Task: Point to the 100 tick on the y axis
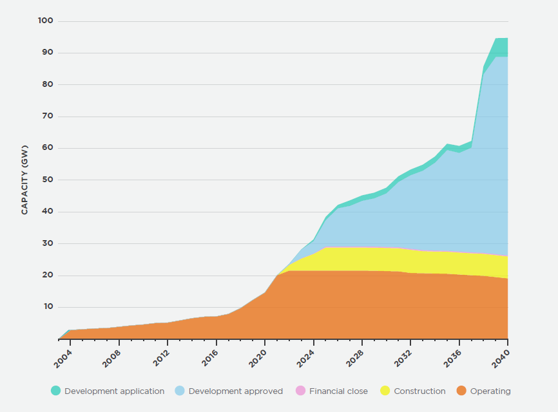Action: click(46, 21)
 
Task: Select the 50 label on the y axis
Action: click(48, 180)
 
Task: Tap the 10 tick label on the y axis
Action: click(48, 307)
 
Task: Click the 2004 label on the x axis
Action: click(63, 355)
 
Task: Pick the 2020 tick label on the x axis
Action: click(258, 355)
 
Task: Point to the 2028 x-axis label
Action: click(355, 355)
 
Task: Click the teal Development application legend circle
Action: click(56, 391)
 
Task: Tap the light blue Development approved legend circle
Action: click(180, 391)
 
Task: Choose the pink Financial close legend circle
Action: click(300, 391)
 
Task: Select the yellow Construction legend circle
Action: click(385, 391)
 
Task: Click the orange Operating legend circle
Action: click(461, 391)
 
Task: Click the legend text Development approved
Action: click(235, 391)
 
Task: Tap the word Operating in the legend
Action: click(490, 391)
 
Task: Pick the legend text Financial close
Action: click(338, 391)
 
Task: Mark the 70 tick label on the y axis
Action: click(48, 117)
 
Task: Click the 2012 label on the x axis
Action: click(160, 355)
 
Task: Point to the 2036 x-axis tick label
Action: click(452, 355)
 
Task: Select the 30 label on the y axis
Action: click(48, 243)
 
